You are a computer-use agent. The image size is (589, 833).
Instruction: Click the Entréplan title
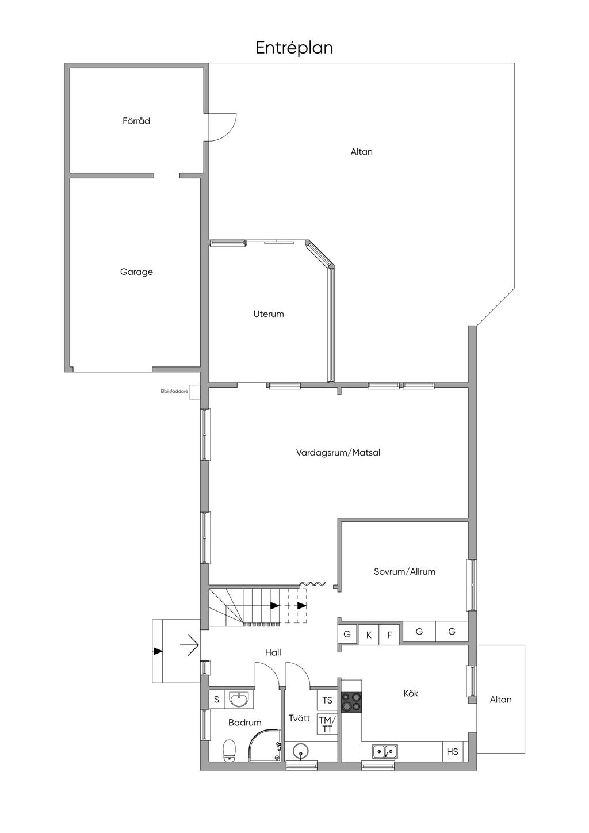294,48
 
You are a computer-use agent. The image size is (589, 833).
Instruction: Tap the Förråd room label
136,121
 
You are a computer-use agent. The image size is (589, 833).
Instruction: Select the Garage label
136,272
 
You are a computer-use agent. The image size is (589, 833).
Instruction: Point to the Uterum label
269,314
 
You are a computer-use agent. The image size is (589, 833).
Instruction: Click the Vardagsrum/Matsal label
338,453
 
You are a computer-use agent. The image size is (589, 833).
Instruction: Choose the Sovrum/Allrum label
404,571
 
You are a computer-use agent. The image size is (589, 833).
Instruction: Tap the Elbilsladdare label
174,392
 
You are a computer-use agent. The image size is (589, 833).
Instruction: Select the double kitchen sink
384,751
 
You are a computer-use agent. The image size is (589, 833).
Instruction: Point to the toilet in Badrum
230,750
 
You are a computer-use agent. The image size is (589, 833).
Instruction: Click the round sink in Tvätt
301,751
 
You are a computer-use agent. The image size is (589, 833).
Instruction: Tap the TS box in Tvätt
327,700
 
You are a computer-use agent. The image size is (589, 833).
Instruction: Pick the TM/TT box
327,724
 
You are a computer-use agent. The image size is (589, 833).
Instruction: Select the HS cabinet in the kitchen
453,751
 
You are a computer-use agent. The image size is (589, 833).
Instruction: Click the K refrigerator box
369,635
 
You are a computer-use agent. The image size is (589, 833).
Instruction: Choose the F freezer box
389,635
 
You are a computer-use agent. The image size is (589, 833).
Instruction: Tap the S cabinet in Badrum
216,700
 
